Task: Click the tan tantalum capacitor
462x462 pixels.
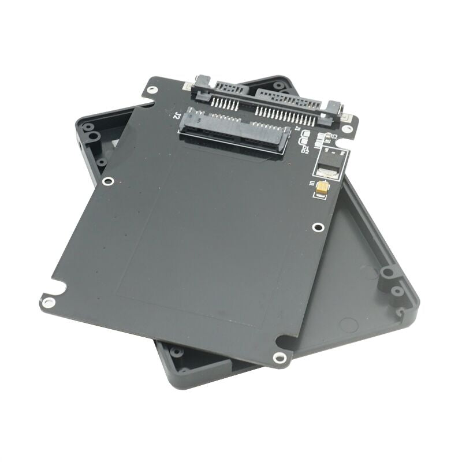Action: pos(322,187)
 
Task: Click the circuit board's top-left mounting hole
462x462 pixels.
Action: pos(151,90)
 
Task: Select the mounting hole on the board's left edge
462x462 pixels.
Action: pos(107,181)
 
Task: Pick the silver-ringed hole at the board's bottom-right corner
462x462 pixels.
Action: pos(281,357)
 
